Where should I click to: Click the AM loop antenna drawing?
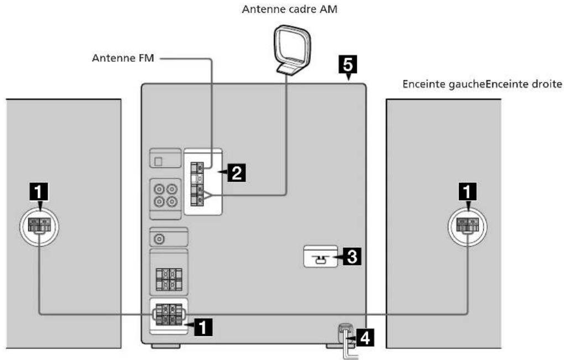point(292,50)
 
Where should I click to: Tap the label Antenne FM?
point(123,58)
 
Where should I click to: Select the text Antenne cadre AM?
point(290,9)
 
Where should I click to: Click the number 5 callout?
point(348,65)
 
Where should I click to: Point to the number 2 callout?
point(237,173)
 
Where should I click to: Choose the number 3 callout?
point(352,257)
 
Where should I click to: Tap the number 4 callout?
point(365,338)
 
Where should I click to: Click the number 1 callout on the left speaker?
point(39,191)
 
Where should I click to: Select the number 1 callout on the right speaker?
point(467,191)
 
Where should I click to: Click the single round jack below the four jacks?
point(159,239)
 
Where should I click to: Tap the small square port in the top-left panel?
point(158,162)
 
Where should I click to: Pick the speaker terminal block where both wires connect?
point(169,315)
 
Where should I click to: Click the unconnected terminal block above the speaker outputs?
point(169,279)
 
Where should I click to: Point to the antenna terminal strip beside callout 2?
point(197,184)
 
